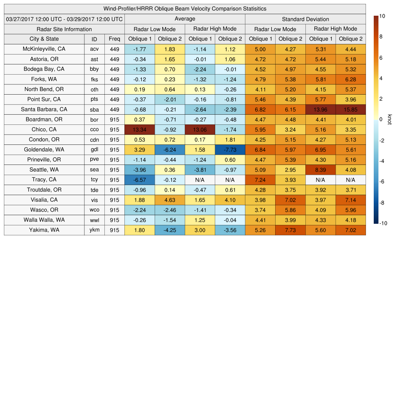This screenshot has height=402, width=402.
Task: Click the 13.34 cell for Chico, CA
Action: coord(139,130)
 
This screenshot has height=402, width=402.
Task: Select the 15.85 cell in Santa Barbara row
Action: coord(351,110)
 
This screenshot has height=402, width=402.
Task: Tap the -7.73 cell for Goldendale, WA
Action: coord(230,150)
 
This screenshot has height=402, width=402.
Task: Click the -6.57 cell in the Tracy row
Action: coord(139,180)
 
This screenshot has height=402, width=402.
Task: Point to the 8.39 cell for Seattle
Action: coord(320,170)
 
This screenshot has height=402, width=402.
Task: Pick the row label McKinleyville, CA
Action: coord(44,49)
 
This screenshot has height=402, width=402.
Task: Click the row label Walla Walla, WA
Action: coord(44,220)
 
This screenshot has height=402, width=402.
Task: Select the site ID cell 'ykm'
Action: coord(94,230)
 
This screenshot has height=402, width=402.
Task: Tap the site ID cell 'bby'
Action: coord(94,69)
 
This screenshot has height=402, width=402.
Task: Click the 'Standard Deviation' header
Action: coord(305,19)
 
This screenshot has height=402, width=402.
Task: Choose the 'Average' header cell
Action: coord(185,19)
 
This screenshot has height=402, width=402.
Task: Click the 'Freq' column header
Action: coord(115,39)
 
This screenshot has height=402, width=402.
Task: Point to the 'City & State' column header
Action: coord(44,39)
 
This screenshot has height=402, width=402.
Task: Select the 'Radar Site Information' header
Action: coord(64,29)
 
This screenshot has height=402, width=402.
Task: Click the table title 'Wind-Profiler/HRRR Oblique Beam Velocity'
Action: coord(185,9)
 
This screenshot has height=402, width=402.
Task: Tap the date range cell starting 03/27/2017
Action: coord(64,19)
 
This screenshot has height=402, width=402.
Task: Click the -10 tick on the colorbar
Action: coord(384,223)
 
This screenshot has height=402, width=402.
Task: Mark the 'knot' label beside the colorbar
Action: coord(389,119)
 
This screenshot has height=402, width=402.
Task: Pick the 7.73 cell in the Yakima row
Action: coord(290,230)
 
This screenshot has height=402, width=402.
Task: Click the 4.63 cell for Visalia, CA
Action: coord(170,200)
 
